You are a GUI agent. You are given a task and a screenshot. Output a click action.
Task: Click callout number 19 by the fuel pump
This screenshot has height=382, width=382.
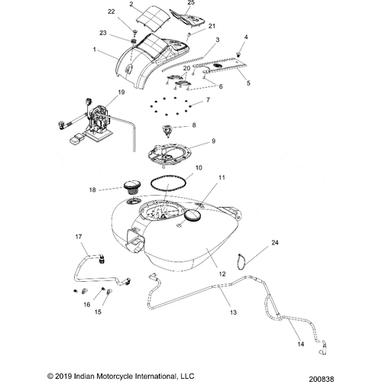[121, 92]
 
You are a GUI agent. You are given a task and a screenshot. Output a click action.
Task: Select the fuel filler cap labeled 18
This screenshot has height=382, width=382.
[131, 187]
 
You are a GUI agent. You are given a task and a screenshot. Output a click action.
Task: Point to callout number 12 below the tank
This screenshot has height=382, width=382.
[222, 274]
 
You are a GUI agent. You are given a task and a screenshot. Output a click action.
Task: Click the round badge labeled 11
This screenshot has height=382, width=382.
[193, 215]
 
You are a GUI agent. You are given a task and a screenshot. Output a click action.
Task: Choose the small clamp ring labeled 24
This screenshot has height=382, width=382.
[241, 261]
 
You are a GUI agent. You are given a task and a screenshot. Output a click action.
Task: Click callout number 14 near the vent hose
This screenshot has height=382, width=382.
[301, 344]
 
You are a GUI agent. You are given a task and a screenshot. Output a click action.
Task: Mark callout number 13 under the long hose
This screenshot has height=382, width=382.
[233, 312]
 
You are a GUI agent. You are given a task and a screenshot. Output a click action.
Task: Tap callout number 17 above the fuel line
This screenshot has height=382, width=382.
[79, 237]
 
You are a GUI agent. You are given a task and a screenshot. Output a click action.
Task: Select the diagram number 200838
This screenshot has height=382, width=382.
[321, 379]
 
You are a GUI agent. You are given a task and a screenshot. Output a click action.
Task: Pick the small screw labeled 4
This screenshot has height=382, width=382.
[238, 54]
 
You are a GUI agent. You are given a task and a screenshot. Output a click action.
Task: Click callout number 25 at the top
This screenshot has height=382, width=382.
[191, 2]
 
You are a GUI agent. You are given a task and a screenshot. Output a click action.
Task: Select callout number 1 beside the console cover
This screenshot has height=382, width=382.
[95, 49]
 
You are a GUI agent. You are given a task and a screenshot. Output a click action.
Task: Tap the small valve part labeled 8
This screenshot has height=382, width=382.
[167, 131]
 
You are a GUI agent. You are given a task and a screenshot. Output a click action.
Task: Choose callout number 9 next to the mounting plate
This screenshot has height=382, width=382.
[213, 141]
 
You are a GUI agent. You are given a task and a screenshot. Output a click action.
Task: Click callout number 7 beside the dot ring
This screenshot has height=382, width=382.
[208, 99]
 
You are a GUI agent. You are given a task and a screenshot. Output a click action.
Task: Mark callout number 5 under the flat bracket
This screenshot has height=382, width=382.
[248, 83]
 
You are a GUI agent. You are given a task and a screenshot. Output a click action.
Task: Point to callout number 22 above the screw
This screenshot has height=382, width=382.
[112, 11]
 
